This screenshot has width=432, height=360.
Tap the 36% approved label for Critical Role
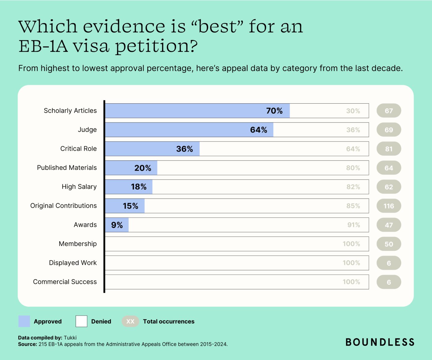tap(185, 149)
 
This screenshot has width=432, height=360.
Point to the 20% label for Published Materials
tap(143, 168)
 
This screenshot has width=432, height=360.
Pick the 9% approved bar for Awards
tap(117, 225)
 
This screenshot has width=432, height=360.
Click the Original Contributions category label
tap(63, 206)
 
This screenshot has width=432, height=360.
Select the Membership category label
tap(78, 244)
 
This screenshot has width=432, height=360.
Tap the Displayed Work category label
tap(73, 263)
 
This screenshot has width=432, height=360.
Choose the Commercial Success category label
tap(65, 282)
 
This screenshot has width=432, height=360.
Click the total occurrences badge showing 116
tap(389, 206)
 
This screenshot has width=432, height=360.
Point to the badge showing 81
tap(389, 149)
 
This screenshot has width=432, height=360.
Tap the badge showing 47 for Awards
tap(389, 225)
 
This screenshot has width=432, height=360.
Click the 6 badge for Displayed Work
tap(389, 263)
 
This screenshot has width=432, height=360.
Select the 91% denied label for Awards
tap(354, 225)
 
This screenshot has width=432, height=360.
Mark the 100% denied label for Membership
tap(351, 244)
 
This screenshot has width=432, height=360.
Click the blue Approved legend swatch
tap(24, 321)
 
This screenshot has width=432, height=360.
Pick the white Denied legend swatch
tap(81, 321)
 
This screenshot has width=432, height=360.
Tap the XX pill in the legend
tap(130, 321)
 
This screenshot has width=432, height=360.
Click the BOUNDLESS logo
tap(380, 342)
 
